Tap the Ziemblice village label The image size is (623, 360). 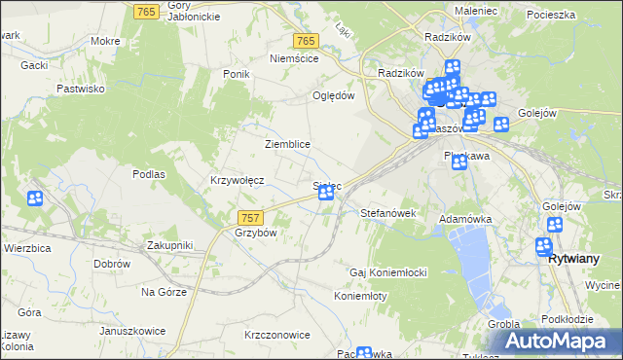(287, 144)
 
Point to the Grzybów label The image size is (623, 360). (257, 234)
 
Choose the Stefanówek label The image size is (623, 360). (388, 212)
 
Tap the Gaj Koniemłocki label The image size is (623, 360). (389, 272)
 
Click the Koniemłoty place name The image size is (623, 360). (361, 296)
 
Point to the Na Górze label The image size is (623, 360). (163, 292)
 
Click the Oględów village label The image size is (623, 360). (332, 95)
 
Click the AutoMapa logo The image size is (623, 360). (559, 342)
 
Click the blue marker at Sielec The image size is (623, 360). (327, 193)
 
